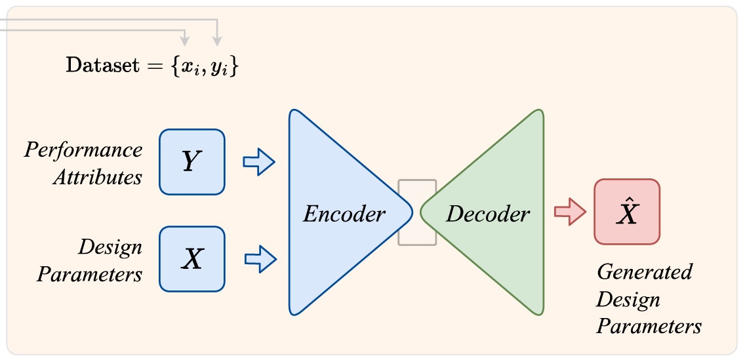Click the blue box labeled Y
192,161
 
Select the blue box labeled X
192,259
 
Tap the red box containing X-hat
626,212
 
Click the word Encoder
344,214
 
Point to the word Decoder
488,214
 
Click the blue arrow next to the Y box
258,161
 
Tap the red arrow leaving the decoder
569,212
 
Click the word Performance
83,150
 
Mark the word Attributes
97,177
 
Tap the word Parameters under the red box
649,326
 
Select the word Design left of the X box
110,247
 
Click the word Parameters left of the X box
89,274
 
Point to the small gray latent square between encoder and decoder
416,212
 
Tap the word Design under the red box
628,299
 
